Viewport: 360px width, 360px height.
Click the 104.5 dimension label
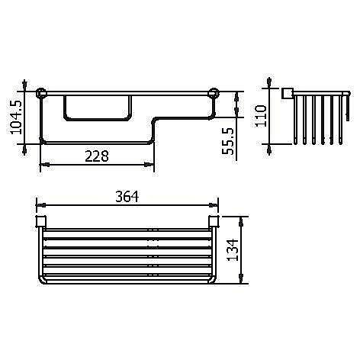click(x=16, y=117)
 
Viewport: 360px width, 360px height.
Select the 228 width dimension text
click(x=96, y=155)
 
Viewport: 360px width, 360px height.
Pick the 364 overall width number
click(x=127, y=197)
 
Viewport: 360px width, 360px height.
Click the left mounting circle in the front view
click(x=42, y=95)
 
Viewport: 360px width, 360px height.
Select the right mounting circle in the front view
click(x=213, y=95)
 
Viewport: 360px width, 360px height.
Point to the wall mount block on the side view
click(x=288, y=94)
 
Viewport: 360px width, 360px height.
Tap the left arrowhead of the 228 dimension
click(x=42, y=164)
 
